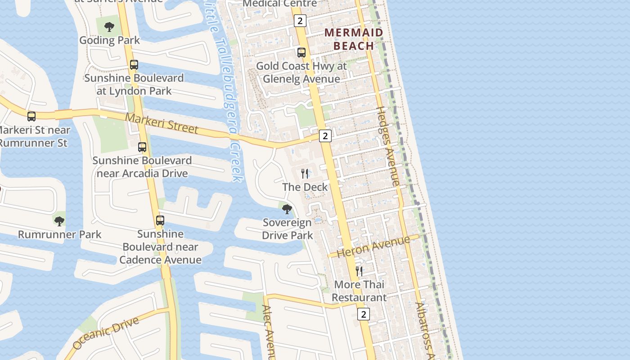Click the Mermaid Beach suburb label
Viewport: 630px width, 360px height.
click(354, 39)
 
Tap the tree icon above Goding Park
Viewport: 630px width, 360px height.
click(109, 27)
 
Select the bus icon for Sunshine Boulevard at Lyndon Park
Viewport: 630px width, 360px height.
click(134, 65)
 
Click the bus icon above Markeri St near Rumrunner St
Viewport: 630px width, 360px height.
click(31, 117)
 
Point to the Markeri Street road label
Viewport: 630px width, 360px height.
click(162, 123)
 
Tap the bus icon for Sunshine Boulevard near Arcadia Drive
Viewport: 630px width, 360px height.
click(142, 147)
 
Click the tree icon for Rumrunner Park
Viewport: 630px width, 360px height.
click(59, 221)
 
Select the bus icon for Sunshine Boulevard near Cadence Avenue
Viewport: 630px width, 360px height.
click(160, 220)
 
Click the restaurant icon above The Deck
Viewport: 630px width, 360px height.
click(305, 174)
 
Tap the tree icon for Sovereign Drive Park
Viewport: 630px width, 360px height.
click(287, 209)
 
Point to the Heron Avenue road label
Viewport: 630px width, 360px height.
click(373, 246)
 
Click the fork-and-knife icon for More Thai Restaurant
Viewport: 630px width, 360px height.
click(359, 271)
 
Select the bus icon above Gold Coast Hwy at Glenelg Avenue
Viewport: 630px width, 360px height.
click(301, 53)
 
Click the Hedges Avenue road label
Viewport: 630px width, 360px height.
click(388, 146)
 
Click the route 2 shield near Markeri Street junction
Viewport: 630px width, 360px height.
click(325, 135)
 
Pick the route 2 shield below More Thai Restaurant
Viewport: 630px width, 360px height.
click(364, 314)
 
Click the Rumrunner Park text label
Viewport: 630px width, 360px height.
click(60, 234)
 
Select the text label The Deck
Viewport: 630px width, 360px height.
click(305, 187)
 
